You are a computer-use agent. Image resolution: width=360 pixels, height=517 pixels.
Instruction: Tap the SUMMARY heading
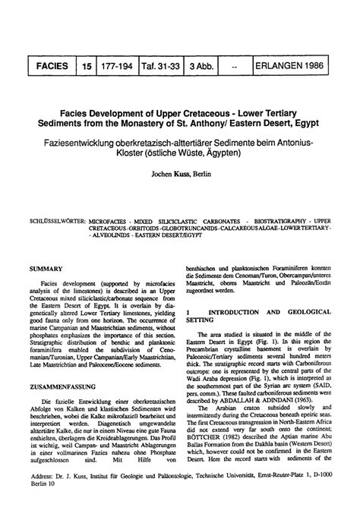(x=44, y=268)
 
